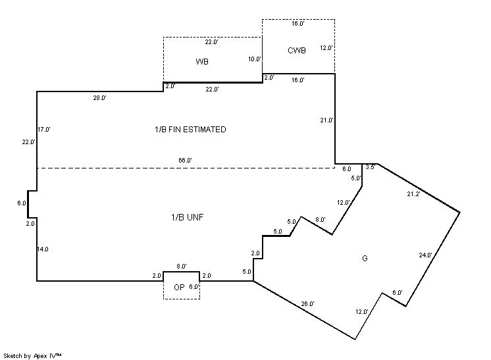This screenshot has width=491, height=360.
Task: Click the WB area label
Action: click(202, 62)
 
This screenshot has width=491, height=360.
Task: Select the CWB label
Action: click(297, 51)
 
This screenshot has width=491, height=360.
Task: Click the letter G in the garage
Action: click(364, 259)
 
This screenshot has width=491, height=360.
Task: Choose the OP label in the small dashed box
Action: click(179, 288)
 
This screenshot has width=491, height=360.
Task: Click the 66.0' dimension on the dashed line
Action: click(185, 160)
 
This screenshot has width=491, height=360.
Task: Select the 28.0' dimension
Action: click(99, 98)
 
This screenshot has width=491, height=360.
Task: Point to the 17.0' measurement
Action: click(44, 130)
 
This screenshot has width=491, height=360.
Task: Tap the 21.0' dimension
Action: click(326, 120)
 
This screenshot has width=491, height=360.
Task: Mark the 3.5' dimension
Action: click(370, 167)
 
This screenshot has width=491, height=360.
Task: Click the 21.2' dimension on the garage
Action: click(413, 193)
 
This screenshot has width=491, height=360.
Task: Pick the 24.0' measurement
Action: click(425, 255)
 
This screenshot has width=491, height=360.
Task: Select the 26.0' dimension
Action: click(307, 303)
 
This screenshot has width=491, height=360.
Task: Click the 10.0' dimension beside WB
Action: click(255, 59)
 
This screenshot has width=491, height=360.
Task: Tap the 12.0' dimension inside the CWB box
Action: click(326, 48)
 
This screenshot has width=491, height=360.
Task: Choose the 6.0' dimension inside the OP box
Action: click(194, 287)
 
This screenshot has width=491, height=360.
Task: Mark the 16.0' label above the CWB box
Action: click(297, 23)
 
